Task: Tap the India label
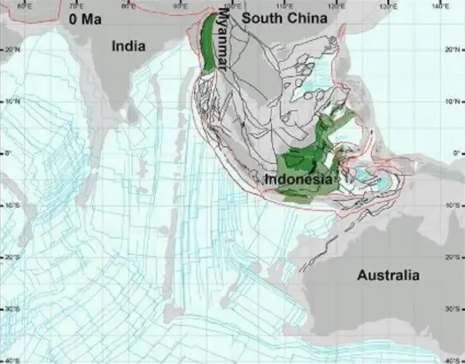pyautogui.click(x=128, y=46)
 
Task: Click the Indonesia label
pyautogui.click(x=298, y=179)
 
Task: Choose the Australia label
pyautogui.click(x=388, y=275)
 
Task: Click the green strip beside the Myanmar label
pyautogui.click(x=210, y=44)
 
